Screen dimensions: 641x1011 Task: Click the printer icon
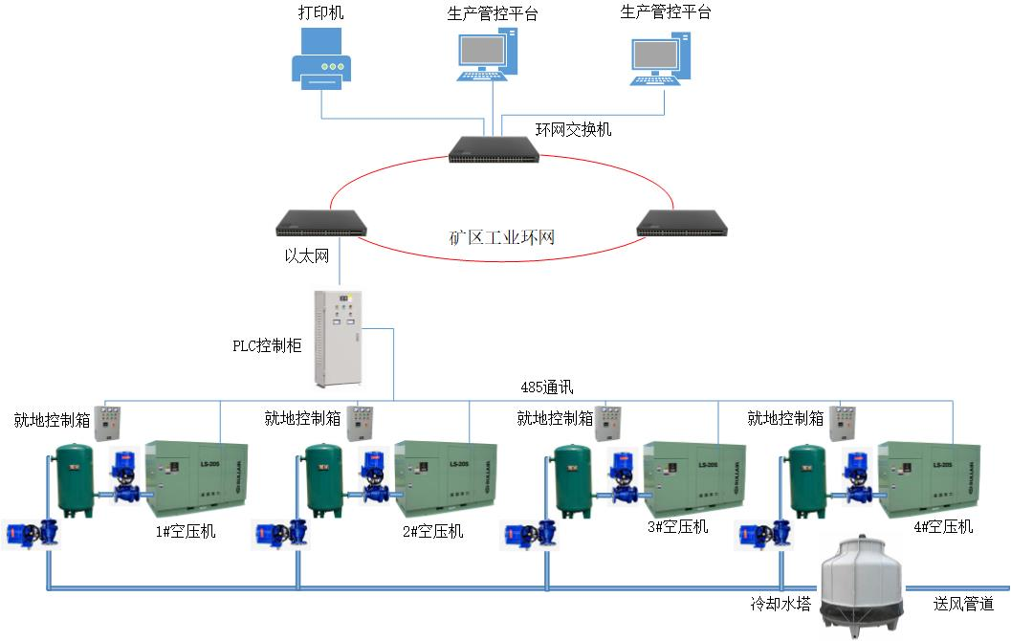321,59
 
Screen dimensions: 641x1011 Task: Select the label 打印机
320,13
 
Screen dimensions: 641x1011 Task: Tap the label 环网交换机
573,129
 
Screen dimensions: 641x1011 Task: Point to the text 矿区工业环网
502,236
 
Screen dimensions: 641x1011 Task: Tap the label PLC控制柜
268,346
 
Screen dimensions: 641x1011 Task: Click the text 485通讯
546,387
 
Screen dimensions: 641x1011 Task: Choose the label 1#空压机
186,531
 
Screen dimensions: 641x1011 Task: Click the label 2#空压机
432,531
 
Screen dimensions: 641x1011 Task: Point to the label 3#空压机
677,526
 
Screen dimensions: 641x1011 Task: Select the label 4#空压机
942,526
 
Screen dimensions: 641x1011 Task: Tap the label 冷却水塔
780,604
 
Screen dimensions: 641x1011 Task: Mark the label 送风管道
963,604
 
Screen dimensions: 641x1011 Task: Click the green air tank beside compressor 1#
75,478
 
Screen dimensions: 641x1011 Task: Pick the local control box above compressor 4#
844,422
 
